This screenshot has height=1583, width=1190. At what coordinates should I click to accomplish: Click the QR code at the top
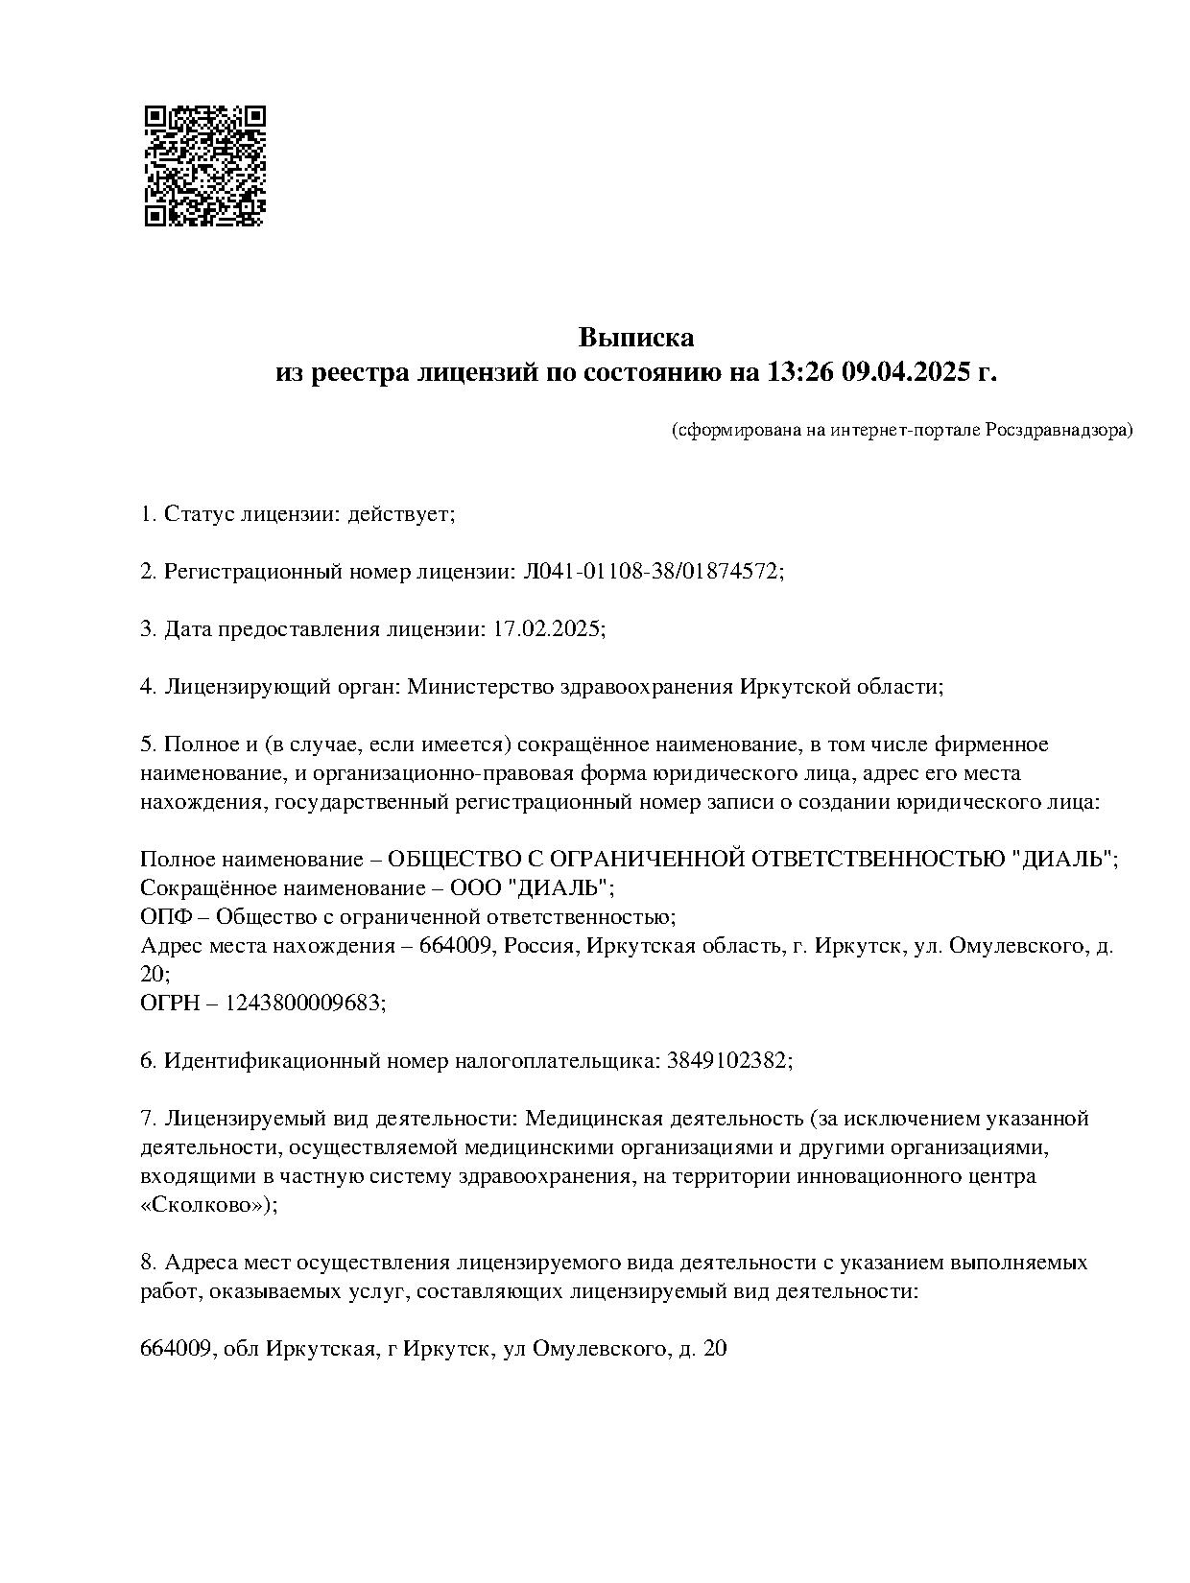tap(204, 166)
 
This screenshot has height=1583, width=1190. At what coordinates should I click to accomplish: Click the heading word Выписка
tap(635, 338)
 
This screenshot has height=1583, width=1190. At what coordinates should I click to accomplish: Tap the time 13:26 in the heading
tap(800, 371)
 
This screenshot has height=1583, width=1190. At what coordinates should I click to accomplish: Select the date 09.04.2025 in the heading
tap(907, 371)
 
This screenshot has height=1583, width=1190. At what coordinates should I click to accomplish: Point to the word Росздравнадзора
tap(1059, 430)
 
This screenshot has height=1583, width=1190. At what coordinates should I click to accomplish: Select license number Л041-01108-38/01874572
tap(651, 572)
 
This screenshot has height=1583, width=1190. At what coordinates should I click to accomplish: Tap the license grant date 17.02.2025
tap(547, 629)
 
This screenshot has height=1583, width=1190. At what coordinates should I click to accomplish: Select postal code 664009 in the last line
tap(176, 1349)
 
